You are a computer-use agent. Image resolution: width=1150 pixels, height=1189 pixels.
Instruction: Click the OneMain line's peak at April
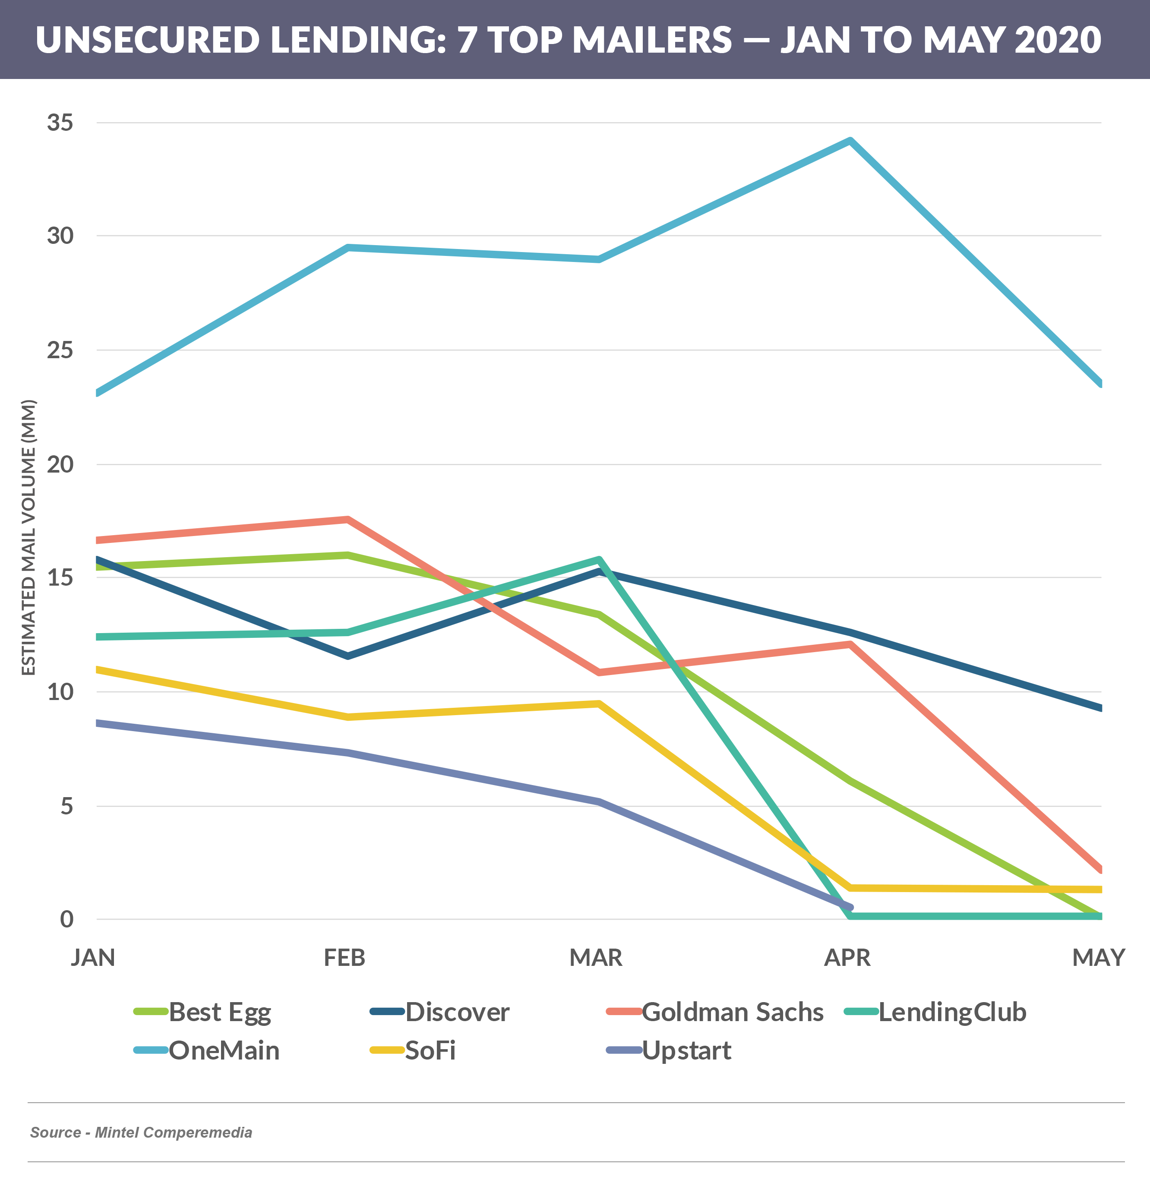pyautogui.click(x=850, y=142)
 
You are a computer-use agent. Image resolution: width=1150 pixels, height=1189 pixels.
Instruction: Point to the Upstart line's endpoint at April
pyautogui.click(x=850, y=907)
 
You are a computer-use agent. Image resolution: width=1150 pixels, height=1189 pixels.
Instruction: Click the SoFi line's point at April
pyautogui.click(x=850, y=887)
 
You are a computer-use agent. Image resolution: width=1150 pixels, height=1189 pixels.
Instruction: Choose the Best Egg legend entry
pyautogui.click(x=203, y=1012)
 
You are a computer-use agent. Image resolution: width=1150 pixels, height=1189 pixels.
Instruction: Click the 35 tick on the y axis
pyautogui.click(x=60, y=123)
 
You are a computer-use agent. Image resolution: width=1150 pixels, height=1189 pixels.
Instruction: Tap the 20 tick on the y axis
pyautogui.click(x=60, y=464)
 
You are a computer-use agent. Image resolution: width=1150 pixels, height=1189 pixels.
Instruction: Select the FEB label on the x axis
pyautogui.click(x=344, y=957)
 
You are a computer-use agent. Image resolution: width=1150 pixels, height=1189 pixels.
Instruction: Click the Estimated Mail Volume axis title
pyautogui.click(x=28, y=537)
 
